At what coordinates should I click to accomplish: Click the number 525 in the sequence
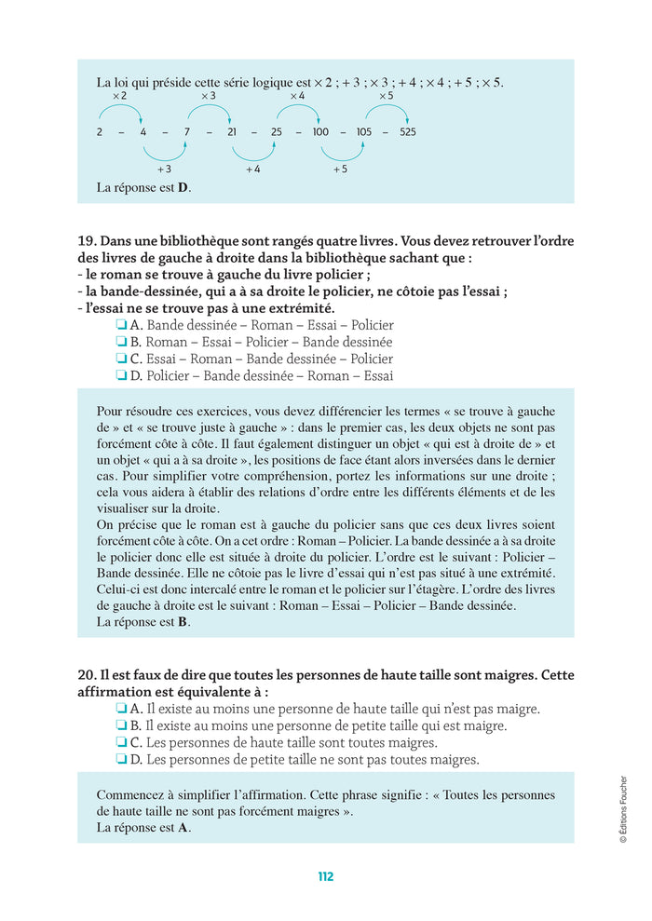pos(407,132)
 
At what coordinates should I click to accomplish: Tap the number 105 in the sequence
pos(363,132)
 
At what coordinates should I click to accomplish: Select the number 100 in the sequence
pos(320,132)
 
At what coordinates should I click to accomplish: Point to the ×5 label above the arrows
pos(386,97)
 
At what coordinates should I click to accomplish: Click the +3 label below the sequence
pos(164,169)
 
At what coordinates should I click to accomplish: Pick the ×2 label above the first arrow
pos(119,97)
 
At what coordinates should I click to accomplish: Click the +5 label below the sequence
pos(340,169)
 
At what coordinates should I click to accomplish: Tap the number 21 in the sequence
pos(232,132)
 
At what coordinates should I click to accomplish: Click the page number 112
pos(325,876)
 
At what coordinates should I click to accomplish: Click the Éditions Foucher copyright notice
pos(623,809)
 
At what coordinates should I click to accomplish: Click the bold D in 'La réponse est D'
pos(183,188)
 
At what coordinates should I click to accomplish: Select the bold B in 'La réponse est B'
pos(183,622)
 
